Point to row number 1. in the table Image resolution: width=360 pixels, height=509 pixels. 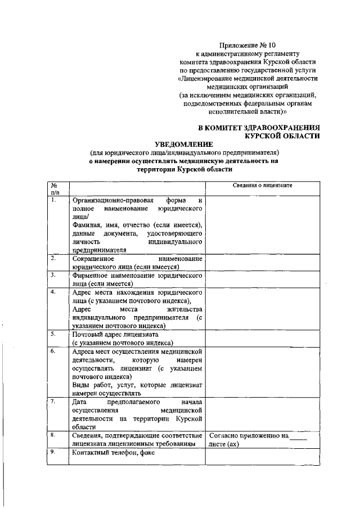[x=53, y=200]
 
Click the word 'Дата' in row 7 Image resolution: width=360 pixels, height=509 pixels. [x=80, y=402]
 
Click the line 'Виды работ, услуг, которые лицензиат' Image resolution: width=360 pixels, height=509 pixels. [x=137, y=385]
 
